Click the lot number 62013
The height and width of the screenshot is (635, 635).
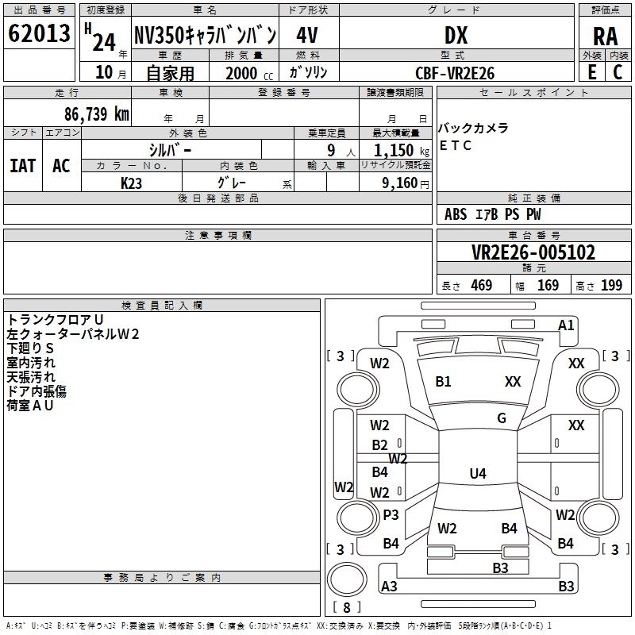(39, 33)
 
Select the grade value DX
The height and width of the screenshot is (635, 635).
(456, 35)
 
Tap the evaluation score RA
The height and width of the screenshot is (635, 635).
(606, 37)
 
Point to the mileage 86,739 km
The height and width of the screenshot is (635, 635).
(96, 114)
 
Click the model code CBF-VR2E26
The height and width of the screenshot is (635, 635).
(455, 73)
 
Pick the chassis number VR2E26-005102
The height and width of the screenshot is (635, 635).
(533, 252)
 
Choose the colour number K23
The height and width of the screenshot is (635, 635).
(131, 183)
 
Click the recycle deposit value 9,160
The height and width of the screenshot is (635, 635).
(399, 183)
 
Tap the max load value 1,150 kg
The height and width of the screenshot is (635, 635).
(402, 151)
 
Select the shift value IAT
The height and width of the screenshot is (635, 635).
(23, 166)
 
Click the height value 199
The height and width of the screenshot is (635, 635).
(611, 286)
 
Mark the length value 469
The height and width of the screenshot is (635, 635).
(482, 286)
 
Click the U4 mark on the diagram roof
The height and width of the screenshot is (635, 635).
(478, 473)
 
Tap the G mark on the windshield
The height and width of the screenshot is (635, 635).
(502, 418)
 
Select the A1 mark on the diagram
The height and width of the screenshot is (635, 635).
(566, 325)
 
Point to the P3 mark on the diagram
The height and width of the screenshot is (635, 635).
(391, 514)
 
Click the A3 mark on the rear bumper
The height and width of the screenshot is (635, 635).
(389, 586)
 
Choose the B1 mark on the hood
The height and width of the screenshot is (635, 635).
(443, 382)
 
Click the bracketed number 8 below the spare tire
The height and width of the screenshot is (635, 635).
(347, 607)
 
